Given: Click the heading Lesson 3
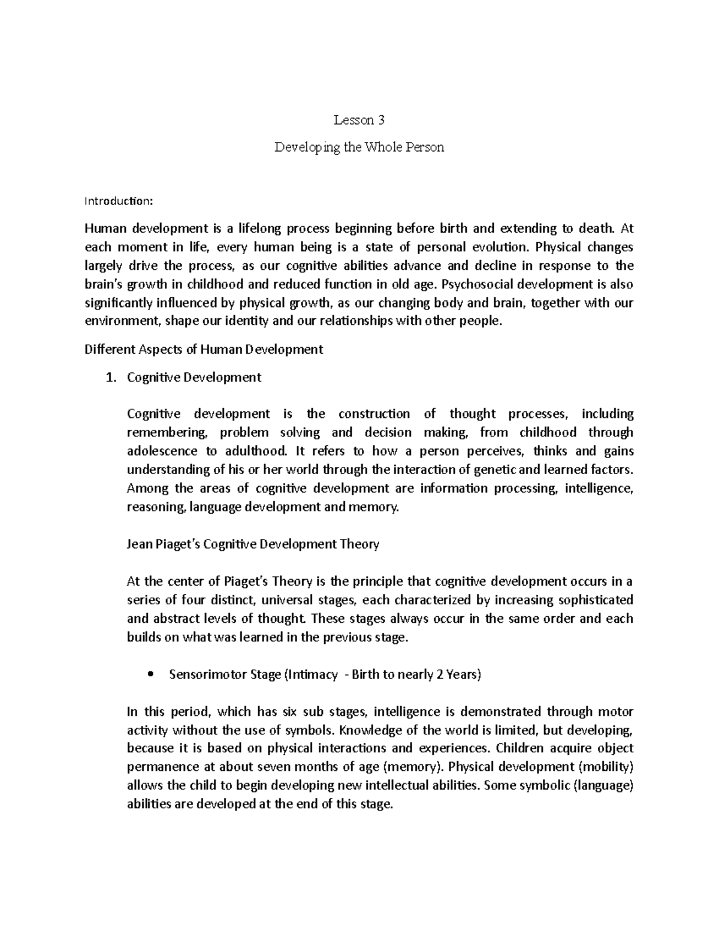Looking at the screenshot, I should (359, 120).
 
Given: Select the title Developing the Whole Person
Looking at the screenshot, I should (359, 147).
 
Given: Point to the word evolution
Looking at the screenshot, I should (500, 247).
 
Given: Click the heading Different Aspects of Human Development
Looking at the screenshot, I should (204, 349).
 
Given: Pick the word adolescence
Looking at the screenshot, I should (162, 451).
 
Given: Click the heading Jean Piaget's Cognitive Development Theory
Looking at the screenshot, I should (253, 544).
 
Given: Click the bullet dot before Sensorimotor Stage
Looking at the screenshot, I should (150, 674).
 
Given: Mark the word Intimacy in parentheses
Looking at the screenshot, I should (312, 674).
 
